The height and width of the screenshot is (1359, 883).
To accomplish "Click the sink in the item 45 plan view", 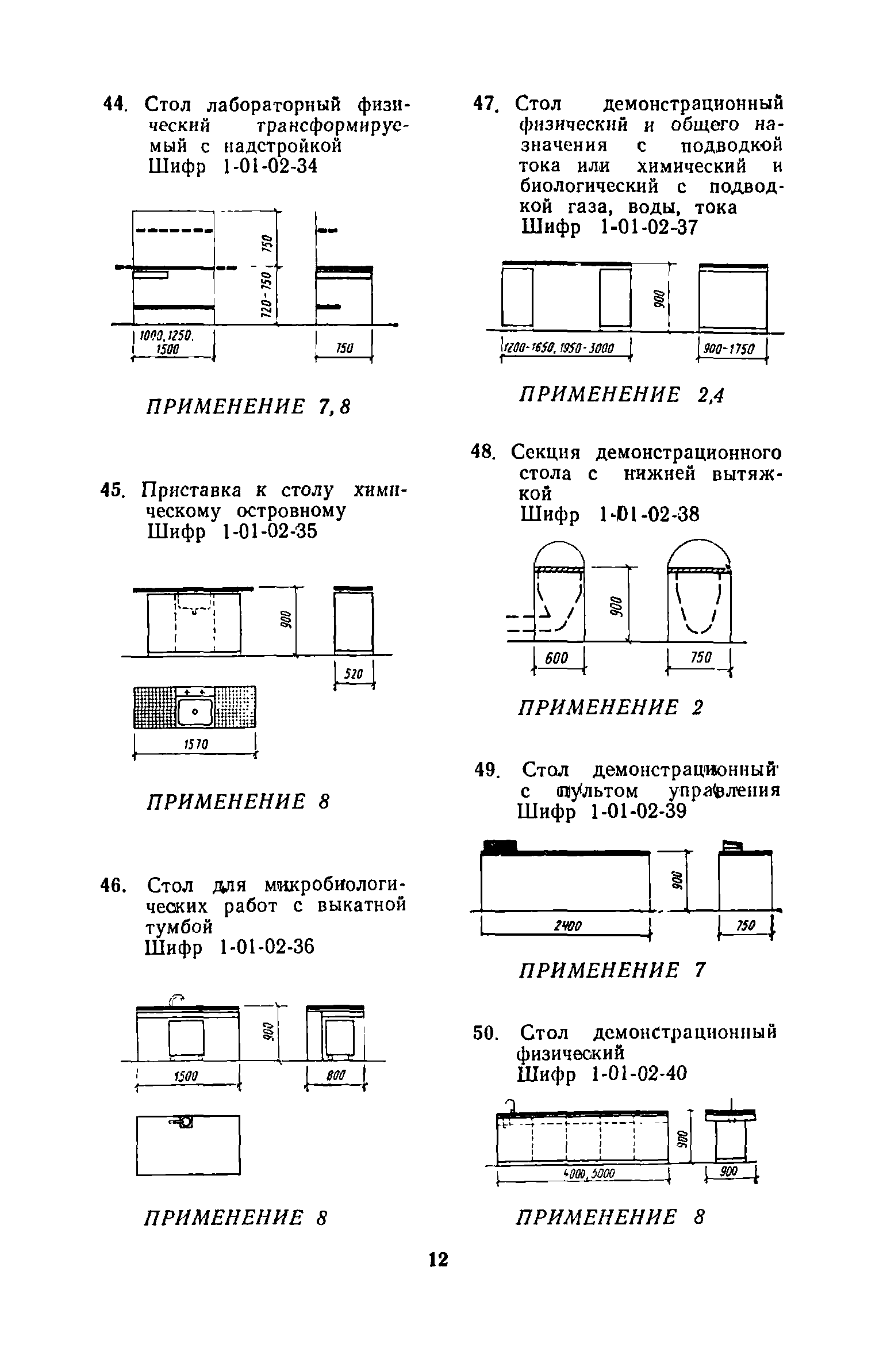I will point(195,712).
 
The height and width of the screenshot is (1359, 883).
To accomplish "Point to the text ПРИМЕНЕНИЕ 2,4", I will point(621,396).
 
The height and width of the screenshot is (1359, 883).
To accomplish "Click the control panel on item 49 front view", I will point(500,846).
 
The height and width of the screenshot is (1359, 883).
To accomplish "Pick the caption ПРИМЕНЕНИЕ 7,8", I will point(248,407).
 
